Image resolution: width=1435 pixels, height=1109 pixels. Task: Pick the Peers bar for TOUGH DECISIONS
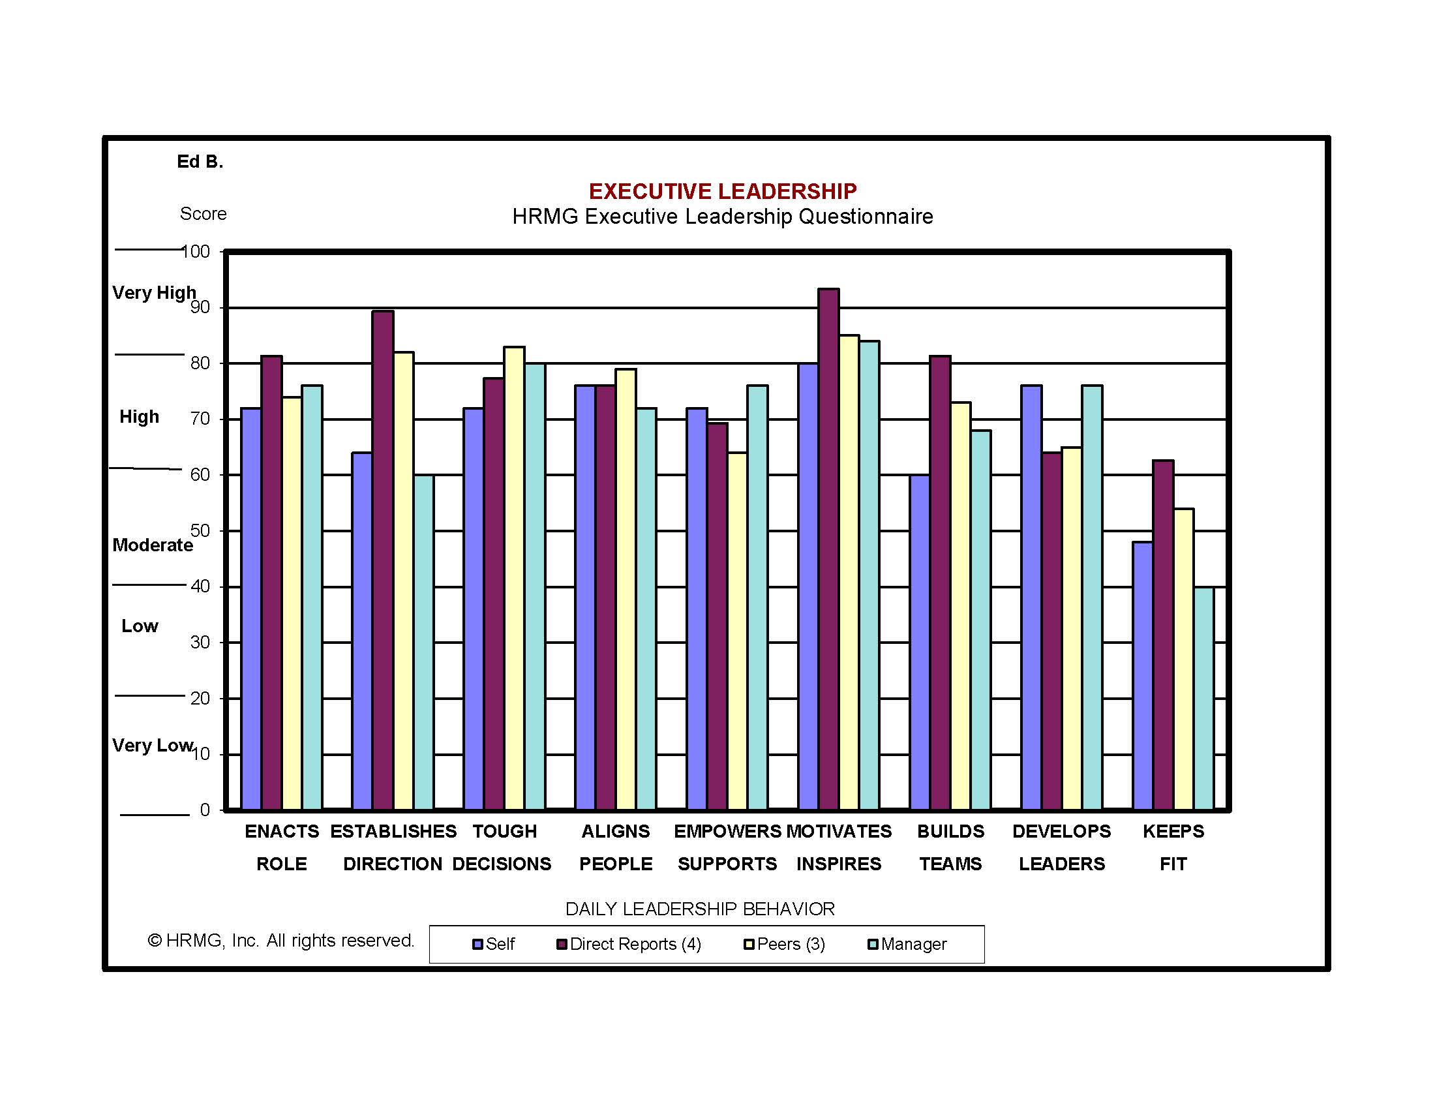[x=515, y=578]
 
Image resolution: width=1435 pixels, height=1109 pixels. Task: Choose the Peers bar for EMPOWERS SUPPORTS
[x=737, y=631]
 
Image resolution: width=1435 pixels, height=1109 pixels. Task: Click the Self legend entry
[x=494, y=944]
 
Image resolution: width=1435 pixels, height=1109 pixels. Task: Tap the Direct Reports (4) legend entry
[x=629, y=944]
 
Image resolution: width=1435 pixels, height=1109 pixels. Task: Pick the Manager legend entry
[x=907, y=944]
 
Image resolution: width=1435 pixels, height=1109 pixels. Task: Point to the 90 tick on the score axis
[x=200, y=307]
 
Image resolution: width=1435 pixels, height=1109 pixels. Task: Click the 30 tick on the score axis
[x=200, y=642]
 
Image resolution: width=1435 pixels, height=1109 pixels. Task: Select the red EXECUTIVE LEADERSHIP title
[x=722, y=191]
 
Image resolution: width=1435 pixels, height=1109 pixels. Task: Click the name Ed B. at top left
[x=200, y=162]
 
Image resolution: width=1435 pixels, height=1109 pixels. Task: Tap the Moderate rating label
[x=153, y=545]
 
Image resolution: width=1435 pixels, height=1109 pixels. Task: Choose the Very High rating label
[x=154, y=292]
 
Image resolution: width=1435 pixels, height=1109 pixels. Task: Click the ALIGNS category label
[x=616, y=832]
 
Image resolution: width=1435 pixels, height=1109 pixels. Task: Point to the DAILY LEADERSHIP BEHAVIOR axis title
[x=700, y=909]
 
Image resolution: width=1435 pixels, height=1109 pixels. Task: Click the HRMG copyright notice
[x=281, y=941]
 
